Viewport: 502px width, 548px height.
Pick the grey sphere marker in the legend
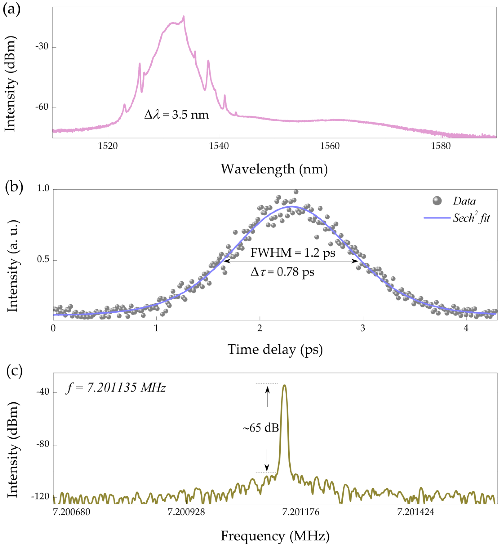(437, 201)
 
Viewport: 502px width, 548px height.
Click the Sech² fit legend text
(471, 218)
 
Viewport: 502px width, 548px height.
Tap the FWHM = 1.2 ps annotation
(293, 253)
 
